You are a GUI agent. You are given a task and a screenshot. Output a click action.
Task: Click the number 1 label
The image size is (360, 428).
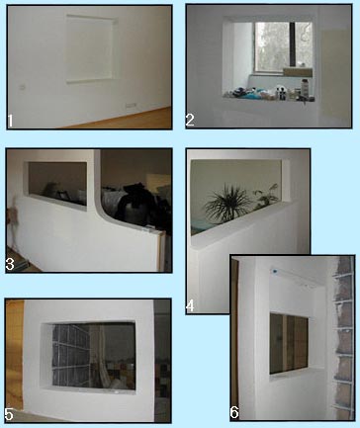(10, 121)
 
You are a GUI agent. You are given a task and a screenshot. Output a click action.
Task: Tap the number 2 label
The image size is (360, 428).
(190, 121)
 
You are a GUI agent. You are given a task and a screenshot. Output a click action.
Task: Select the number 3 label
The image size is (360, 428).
(10, 265)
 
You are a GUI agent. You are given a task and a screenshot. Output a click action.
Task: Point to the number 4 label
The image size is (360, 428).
(190, 305)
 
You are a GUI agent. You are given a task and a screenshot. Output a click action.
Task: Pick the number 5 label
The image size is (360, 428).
(9, 414)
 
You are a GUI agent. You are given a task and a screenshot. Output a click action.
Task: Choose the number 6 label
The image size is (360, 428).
(234, 412)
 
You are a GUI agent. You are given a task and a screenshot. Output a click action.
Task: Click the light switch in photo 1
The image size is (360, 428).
(23, 87)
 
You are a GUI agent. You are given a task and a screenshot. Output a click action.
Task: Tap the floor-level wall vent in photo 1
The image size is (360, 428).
(131, 106)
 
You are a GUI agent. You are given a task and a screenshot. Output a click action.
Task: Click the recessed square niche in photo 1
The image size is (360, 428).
(92, 48)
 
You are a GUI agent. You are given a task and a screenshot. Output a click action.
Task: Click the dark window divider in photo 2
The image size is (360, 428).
(292, 43)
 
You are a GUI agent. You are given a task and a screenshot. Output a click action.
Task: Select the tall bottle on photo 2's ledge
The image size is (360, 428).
(305, 89)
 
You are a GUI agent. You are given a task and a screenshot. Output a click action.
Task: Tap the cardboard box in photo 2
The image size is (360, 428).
(298, 72)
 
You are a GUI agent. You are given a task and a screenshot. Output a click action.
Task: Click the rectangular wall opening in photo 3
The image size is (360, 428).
(57, 182)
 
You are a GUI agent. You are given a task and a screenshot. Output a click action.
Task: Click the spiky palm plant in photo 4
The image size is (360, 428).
(226, 203)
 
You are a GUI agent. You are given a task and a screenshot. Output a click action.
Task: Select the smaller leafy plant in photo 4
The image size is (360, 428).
(266, 197)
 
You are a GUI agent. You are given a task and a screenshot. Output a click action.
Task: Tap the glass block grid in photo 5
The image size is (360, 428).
(71, 355)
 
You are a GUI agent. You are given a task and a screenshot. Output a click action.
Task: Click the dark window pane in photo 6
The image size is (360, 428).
(289, 344)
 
